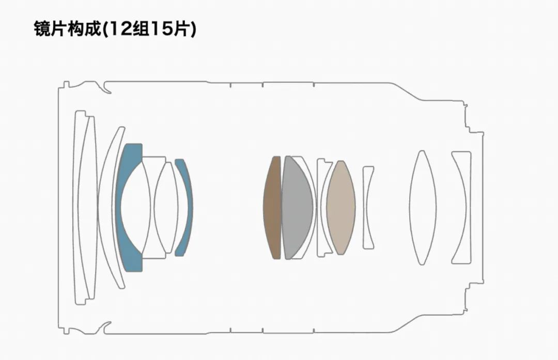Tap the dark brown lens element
272,208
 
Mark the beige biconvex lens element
341,208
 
